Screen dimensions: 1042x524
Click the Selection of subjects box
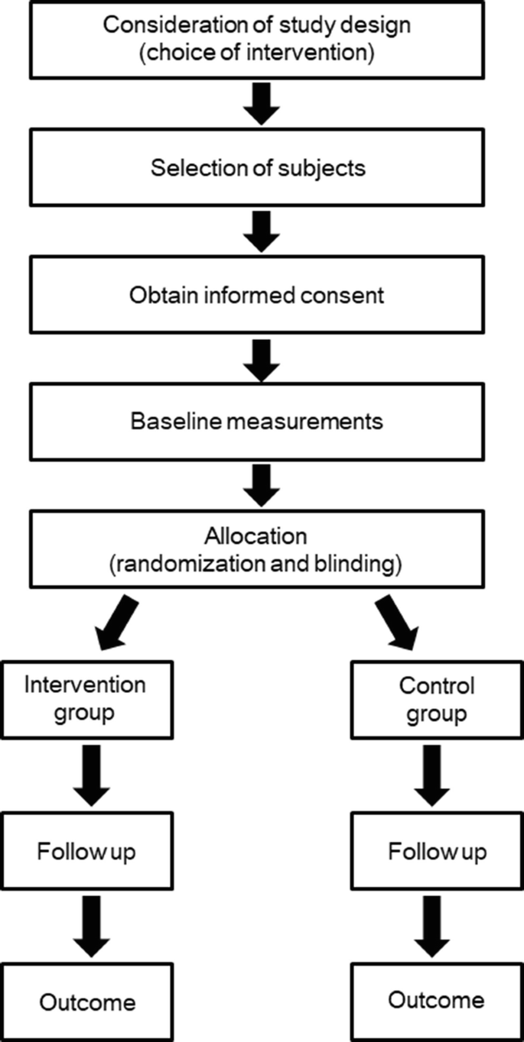(x=258, y=168)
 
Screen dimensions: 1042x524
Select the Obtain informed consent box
(x=258, y=295)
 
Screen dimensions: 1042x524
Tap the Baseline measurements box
(x=258, y=421)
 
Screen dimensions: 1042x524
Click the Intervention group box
(x=85, y=699)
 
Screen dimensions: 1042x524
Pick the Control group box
(x=437, y=699)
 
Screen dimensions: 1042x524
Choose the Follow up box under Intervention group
(x=85, y=850)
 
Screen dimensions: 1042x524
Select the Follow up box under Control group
(x=437, y=850)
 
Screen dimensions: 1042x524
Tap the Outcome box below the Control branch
(x=437, y=1001)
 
